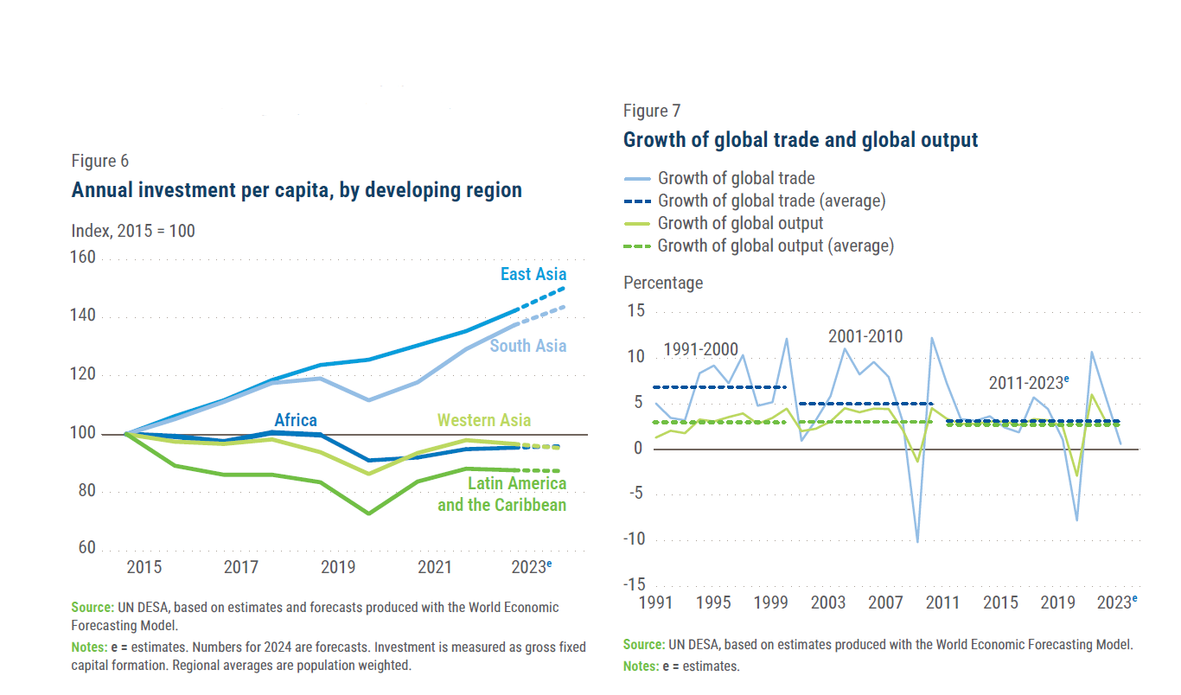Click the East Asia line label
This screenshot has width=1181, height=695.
[x=533, y=275]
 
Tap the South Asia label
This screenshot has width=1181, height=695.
[x=528, y=346]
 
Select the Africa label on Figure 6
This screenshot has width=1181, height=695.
[x=296, y=420]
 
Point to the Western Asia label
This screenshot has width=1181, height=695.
[x=483, y=421]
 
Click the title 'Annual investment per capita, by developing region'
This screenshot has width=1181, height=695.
[x=297, y=190]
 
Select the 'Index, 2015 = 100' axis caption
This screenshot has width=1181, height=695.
[x=133, y=231]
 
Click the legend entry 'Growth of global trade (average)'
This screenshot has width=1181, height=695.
[x=771, y=201]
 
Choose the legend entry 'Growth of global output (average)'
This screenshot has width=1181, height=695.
[x=776, y=245]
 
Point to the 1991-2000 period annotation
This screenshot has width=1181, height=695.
[x=701, y=350]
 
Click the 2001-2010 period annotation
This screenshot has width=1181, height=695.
[x=865, y=336]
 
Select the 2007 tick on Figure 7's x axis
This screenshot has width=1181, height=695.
[x=886, y=603]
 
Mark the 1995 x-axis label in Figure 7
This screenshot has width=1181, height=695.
[x=713, y=603]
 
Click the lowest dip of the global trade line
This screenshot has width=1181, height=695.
[x=917, y=541]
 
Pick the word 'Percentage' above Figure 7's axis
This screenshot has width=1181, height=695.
[x=663, y=283]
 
